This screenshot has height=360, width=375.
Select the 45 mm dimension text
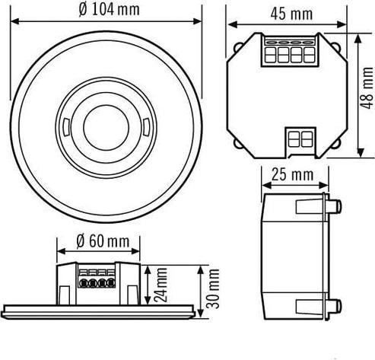click(x=291, y=14)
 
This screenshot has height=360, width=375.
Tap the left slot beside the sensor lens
click(x=68, y=123)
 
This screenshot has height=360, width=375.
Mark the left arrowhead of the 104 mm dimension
click(x=13, y=27)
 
